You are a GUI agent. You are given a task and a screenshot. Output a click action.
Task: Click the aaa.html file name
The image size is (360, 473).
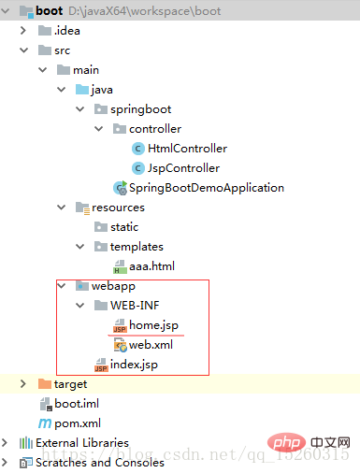coord(151,266)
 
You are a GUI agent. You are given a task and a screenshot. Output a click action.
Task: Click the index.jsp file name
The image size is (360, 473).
coord(134,365)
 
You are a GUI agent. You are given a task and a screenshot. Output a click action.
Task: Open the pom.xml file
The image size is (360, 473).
coord(78,423)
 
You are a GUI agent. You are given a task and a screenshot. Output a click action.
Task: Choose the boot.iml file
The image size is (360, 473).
coord(77,404)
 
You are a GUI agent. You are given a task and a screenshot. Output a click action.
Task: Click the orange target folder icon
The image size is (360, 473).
coord(45,384)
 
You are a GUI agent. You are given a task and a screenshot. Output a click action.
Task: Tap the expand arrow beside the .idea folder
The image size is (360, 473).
coord(22,31)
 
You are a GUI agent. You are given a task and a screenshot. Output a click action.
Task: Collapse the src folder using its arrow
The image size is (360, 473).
coord(23,50)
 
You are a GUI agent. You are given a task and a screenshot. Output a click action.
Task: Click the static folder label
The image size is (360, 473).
coord(124,227)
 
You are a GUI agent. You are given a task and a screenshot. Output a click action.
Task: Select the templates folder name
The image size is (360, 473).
coord(137,247)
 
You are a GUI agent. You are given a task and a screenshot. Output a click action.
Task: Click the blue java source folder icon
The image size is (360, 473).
coord(82,90)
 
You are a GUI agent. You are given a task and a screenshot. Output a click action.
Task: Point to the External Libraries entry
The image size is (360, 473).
coord(82,443)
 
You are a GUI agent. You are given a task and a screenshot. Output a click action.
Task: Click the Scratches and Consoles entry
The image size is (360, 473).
coord(100,463)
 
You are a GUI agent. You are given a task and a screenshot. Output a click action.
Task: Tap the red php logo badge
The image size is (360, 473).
coord(286,442)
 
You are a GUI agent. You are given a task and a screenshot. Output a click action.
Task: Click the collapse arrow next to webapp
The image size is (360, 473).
coord(62,286)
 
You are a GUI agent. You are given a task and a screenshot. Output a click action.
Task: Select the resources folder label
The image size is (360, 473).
coord(119,208)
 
